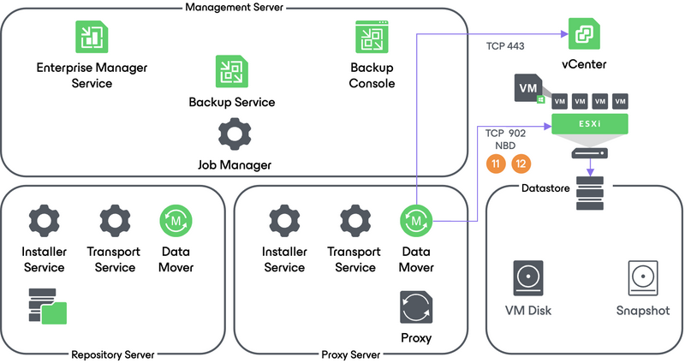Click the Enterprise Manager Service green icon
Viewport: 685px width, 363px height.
(90, 36)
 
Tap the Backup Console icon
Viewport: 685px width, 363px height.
(372, 37)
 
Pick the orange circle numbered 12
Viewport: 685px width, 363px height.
(521, 164)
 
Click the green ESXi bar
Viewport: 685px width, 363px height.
(590, 125)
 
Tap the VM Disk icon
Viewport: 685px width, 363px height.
(527, 279)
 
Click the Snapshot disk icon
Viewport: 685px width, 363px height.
(642, 279)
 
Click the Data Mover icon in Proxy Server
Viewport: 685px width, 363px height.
(416, 221)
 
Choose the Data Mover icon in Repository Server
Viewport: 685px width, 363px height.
(176, 221)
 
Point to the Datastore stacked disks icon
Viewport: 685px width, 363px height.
(590, 194)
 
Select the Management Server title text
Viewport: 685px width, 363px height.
(234, 8)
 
